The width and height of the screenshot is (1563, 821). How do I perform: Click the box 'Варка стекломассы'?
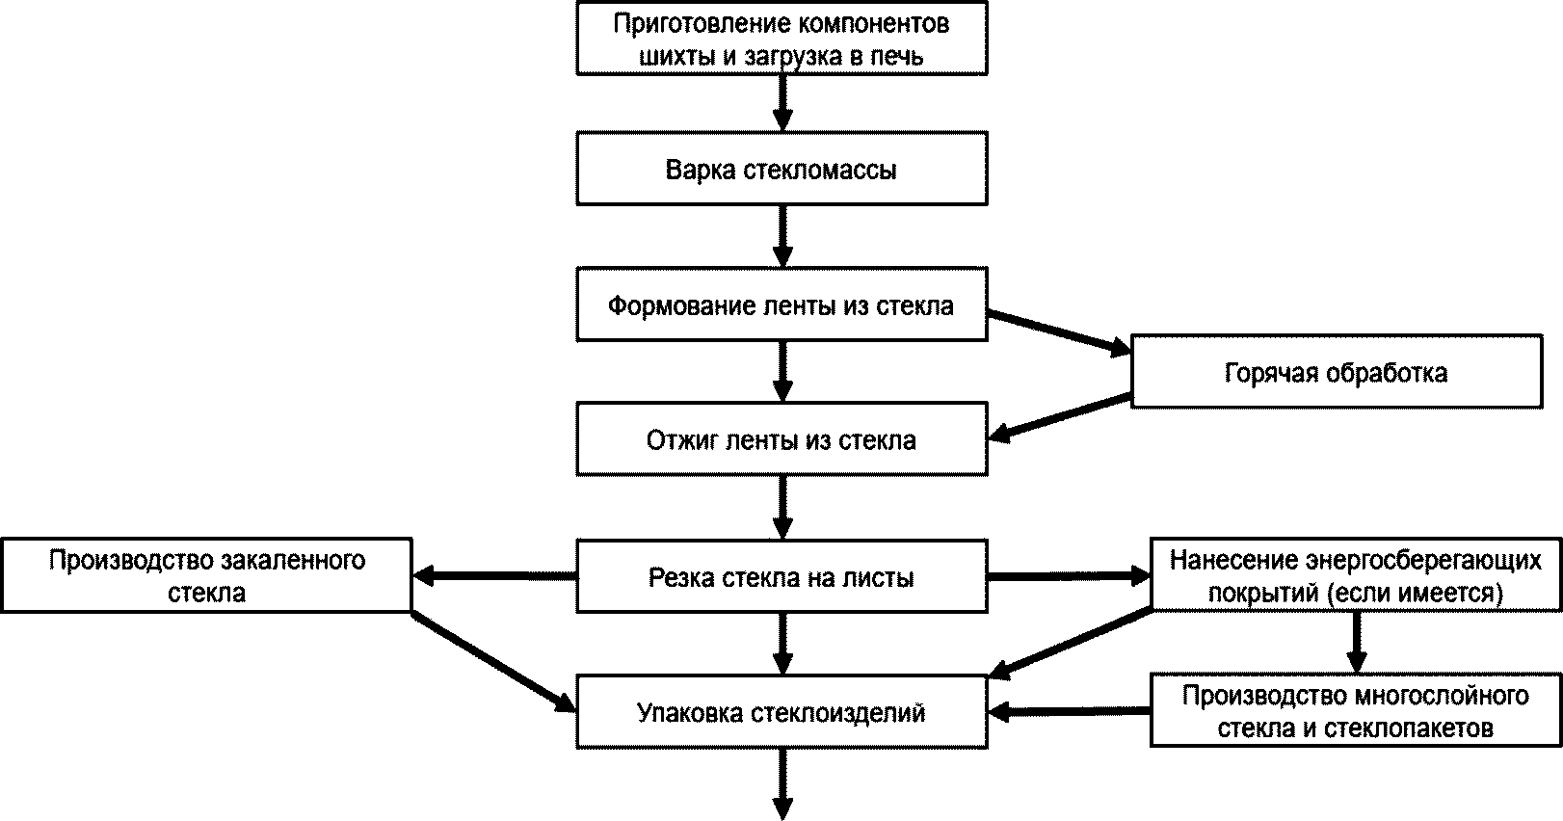tap(781, 168)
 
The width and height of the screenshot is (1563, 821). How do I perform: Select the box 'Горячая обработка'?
tap(1337, 372)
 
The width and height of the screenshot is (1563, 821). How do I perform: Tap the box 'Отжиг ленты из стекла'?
tap(781, 439)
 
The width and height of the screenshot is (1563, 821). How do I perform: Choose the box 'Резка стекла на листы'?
tap(781, 576)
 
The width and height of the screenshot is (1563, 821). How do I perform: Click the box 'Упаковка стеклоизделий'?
tap(781, 711)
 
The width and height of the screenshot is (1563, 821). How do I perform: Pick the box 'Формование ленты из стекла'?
tap(781, 305)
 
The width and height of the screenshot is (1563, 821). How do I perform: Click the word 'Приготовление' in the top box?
tap(702, 24)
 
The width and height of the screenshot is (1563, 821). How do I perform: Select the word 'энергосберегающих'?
tap(1406, 560)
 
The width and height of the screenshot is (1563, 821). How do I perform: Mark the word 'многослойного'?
tap(1442, 696)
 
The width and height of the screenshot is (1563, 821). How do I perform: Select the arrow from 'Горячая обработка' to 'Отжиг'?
tap(1059, 418)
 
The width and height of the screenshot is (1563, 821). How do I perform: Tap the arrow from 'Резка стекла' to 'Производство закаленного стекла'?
tap(494, 576)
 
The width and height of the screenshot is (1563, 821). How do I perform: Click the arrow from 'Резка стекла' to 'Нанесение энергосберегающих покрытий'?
tap(1069, 576)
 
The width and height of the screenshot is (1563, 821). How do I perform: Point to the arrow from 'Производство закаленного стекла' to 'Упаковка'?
tap(493, 662)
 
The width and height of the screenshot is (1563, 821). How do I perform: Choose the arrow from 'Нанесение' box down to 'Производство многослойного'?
tap(1357, 643)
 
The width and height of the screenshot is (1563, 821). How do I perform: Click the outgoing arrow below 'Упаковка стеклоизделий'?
tap(782, 784)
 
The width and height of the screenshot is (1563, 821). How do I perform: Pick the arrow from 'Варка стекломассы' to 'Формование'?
tap(782, 236)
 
